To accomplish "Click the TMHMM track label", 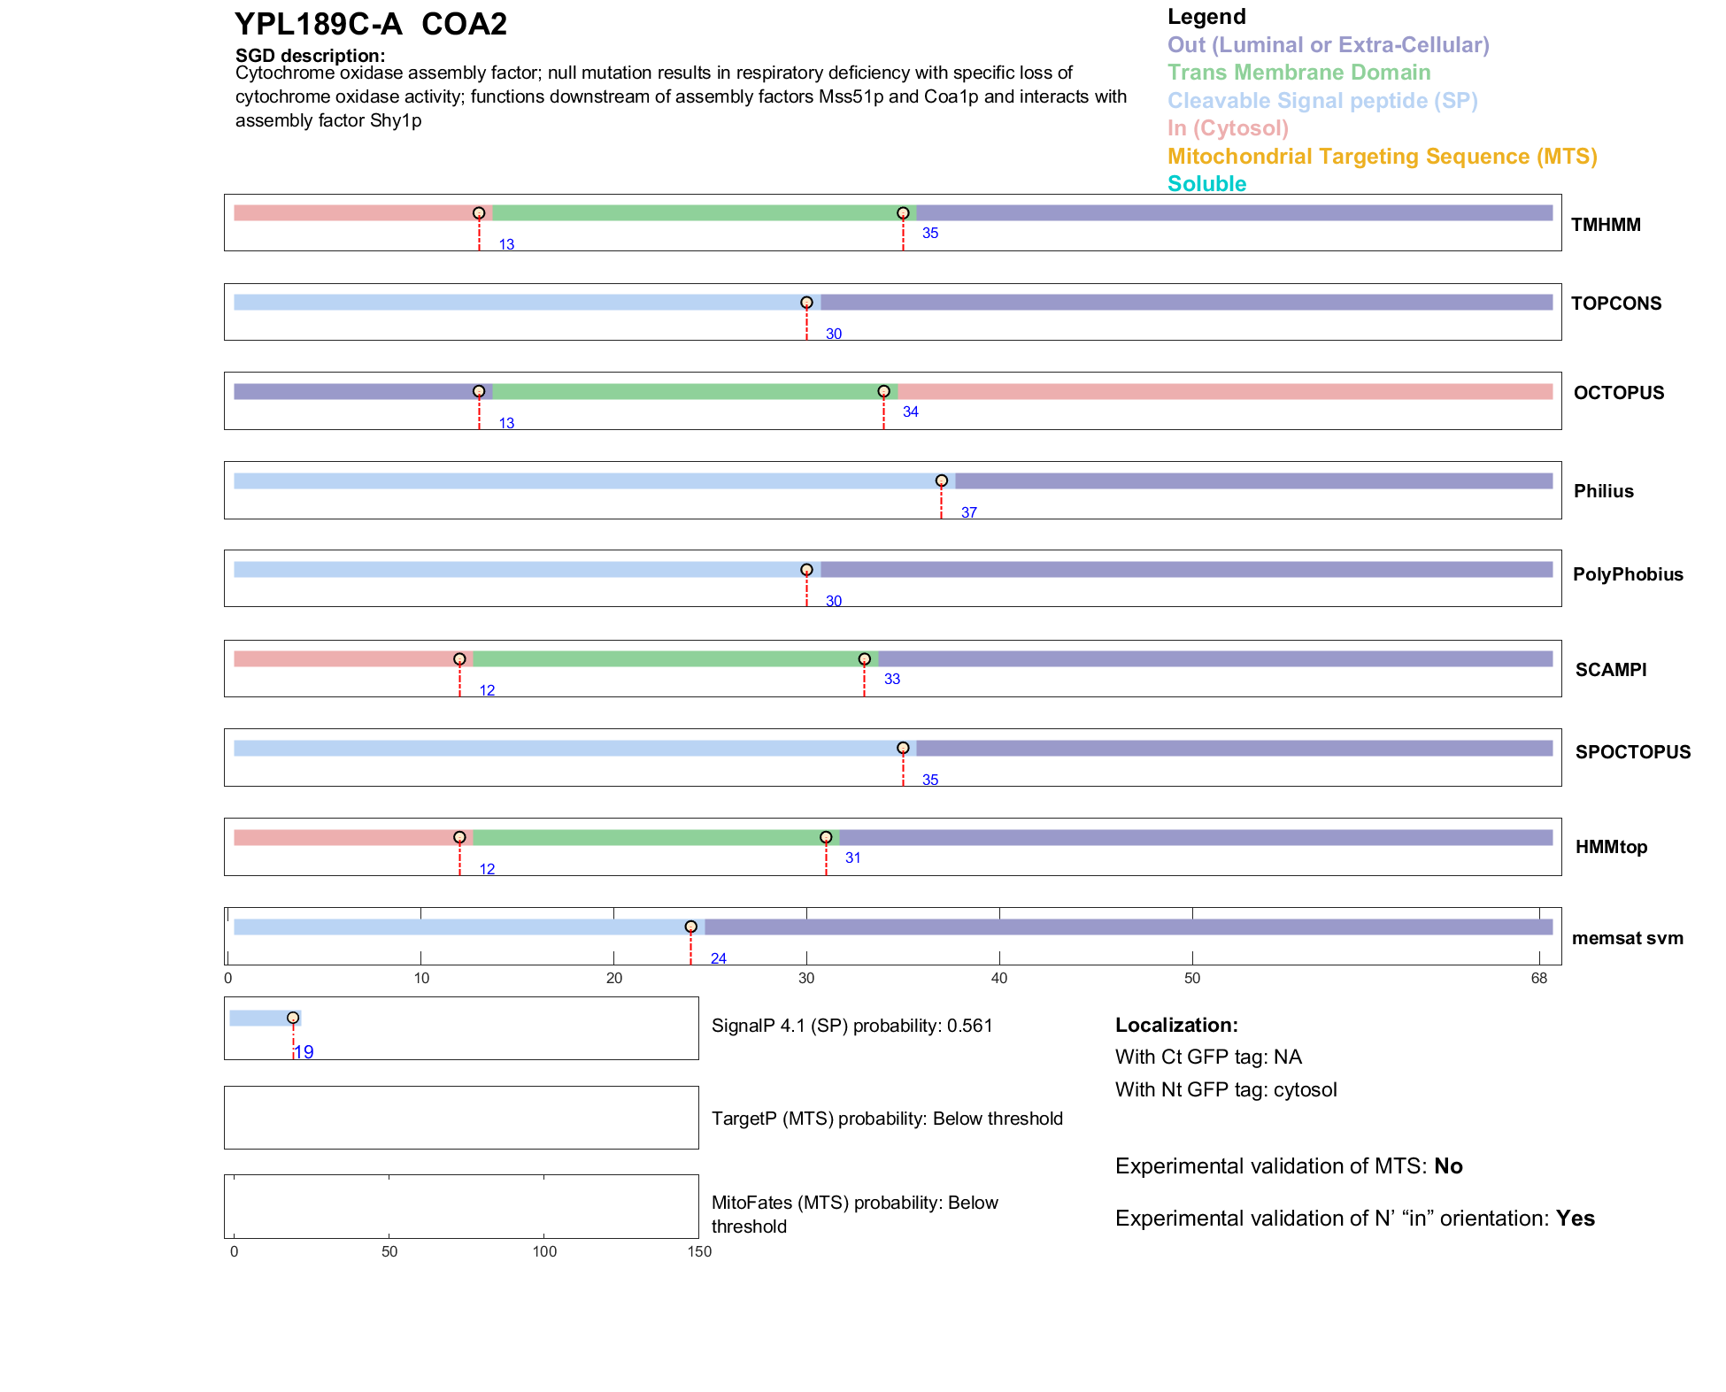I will tap(1605, 225).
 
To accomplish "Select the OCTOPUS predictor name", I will tap(1618, 393).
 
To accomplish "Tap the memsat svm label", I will tap(1627, 938).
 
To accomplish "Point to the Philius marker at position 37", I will tap(941, 481).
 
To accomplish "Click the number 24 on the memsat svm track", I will tap(718, 958).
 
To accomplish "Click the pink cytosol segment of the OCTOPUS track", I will tap(1224, 392).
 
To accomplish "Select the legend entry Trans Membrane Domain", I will tap(1298, 73).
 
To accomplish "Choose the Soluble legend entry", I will tap(1206, 184).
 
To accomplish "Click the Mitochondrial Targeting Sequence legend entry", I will tap(1382, 157).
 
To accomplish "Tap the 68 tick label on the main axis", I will tap(1538, 978).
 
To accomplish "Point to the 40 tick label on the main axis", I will tap(999, 978).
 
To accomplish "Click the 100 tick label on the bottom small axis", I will tap(544, 1251).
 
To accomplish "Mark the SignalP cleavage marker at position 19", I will tap(293, 1018).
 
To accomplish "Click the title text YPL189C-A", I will tap(319, 24).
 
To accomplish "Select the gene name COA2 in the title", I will tap(464, 24).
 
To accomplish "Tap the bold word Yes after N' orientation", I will tap(1575, 1219).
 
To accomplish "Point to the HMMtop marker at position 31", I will tap(826, 837).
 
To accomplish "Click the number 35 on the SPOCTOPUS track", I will tap(929, 780).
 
